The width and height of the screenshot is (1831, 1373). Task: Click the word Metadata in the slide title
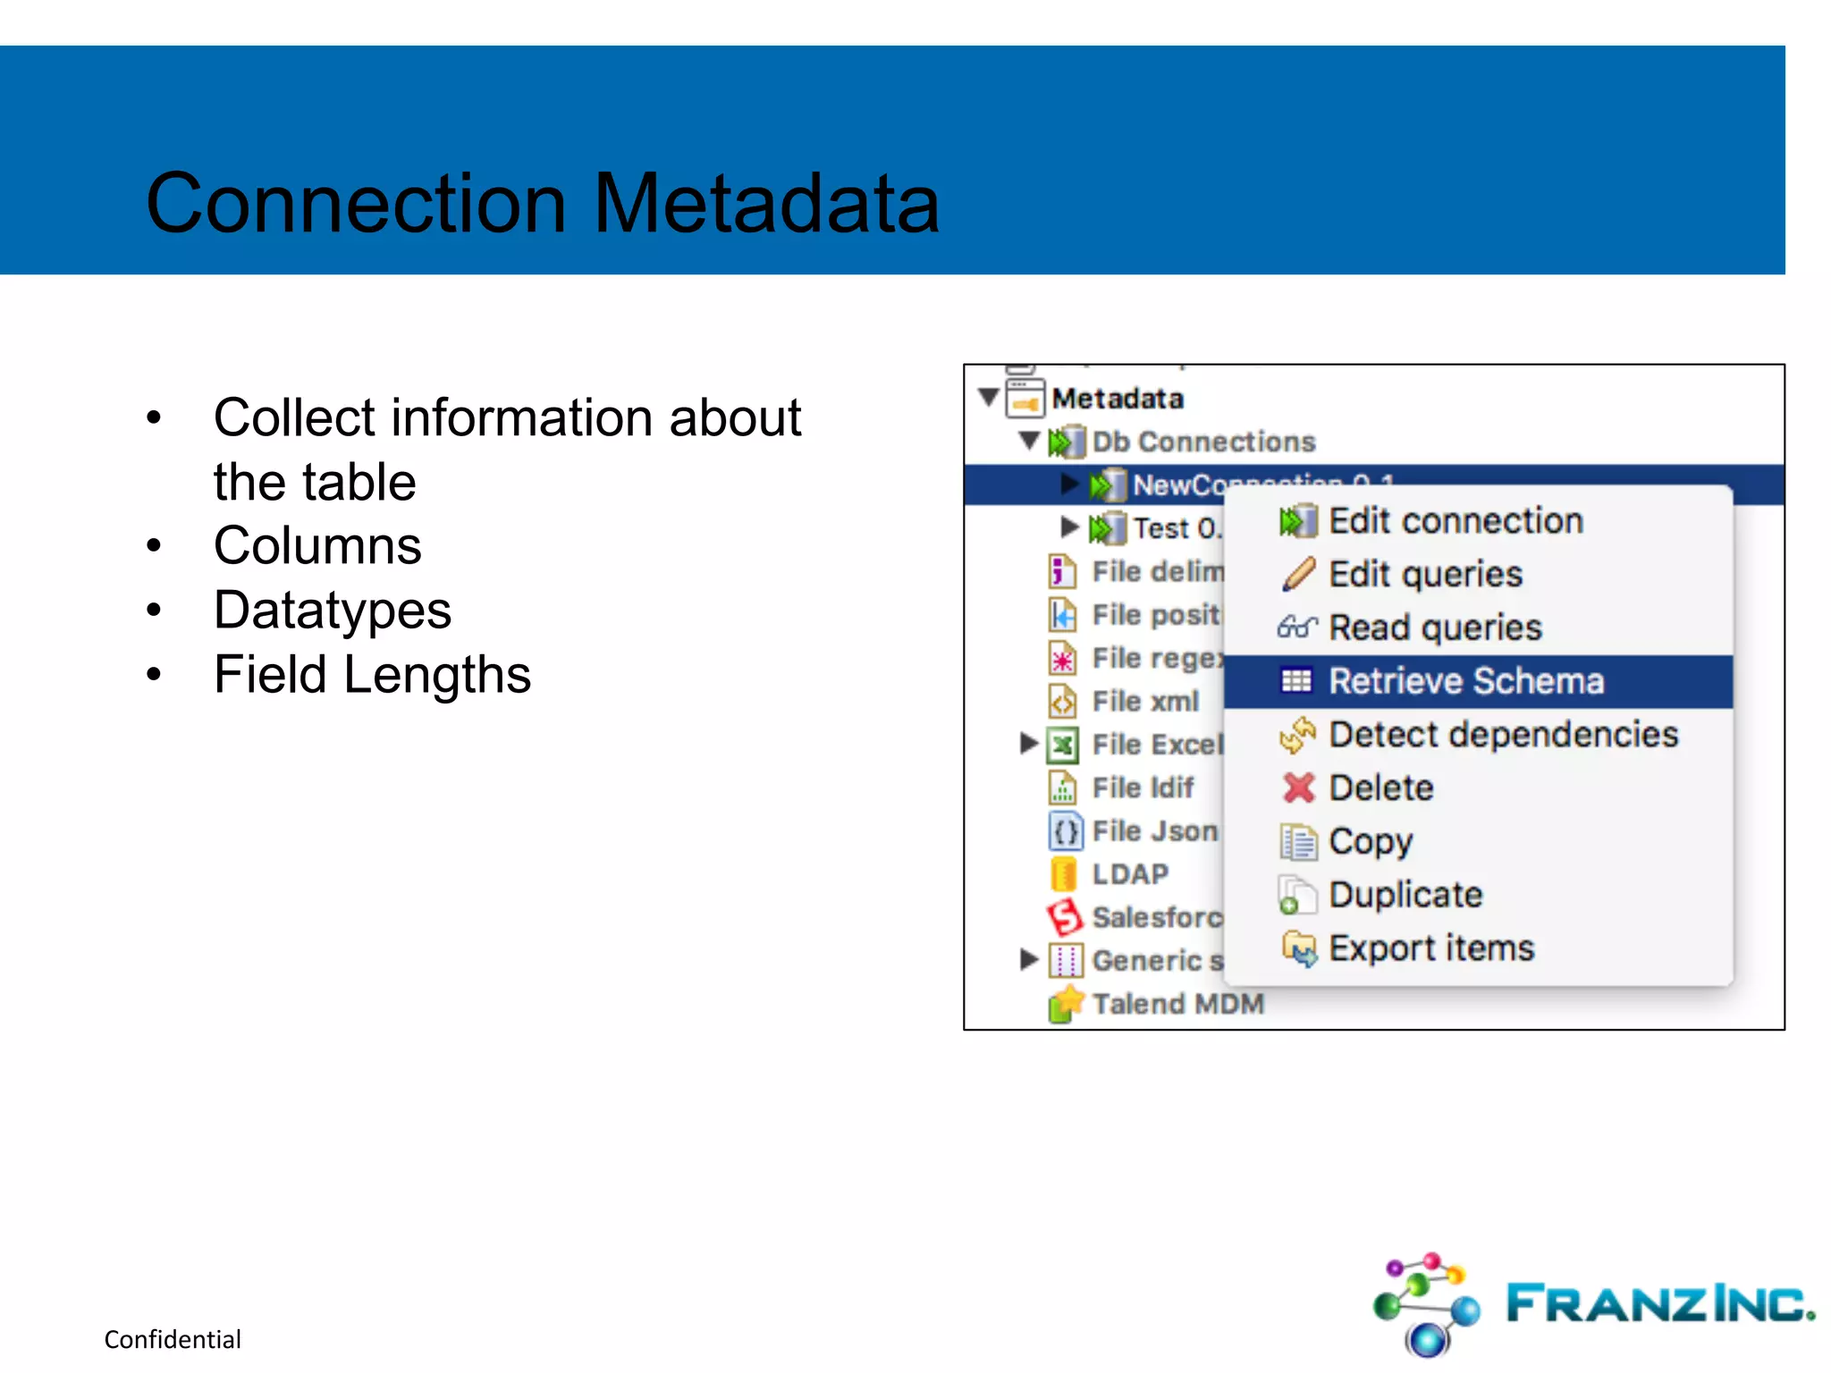coord(766,204)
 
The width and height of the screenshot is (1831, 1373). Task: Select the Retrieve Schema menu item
coord(1465,681)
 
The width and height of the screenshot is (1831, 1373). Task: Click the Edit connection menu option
coord(1455,521)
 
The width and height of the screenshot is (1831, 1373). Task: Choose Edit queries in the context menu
coord(1424,575)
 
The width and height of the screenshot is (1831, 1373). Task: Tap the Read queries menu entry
coord(1434,628)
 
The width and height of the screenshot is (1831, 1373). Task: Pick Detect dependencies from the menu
coord(1502,735)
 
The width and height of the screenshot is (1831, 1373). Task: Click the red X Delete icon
coord(1298,788)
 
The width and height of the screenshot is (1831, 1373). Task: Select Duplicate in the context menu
coord(1405,895)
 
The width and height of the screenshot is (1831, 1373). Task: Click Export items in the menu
coord(1430,948)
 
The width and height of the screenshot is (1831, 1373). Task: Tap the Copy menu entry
coord(1370,841)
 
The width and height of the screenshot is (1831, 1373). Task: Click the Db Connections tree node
coord(1202,442)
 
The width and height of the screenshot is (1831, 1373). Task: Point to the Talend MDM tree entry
coord(1177,1004)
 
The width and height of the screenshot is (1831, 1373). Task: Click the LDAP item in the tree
coord(1130,874)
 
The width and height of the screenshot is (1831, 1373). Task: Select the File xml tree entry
coord(1144,702)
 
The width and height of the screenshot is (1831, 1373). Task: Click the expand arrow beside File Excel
coord(1028,743)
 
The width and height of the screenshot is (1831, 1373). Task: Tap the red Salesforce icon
coord(1064,916)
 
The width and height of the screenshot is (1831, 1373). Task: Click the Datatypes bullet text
coord(332,611)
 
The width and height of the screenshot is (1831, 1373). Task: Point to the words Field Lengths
coord(372,675)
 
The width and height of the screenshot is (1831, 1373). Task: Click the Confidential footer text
coord(173,1339)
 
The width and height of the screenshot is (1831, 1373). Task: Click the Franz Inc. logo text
coord(1659,1304)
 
